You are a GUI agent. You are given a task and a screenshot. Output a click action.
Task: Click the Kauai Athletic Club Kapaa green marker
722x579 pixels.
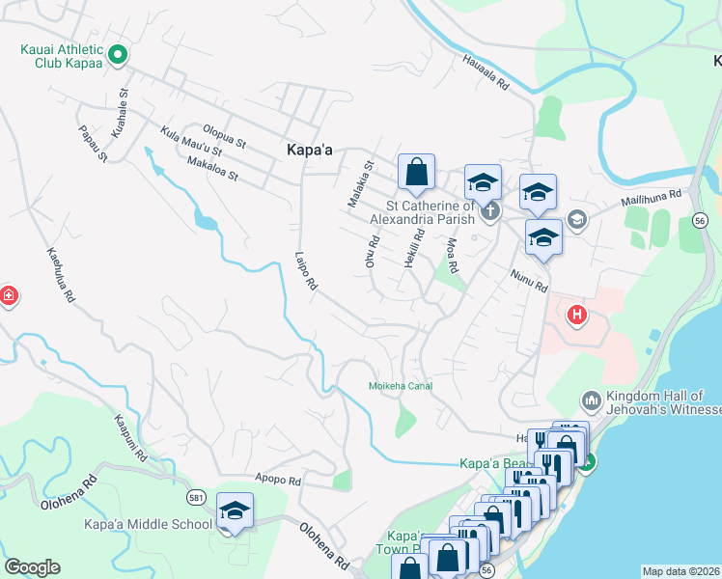tap(117, 56)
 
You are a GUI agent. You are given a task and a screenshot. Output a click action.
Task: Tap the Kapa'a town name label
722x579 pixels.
tap(310, 150)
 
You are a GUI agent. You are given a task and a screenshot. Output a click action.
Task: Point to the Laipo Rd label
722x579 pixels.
tap(306, 272)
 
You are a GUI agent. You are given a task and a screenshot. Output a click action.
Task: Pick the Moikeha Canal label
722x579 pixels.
tap(401, 386)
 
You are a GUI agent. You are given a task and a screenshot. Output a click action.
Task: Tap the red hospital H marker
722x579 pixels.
tap(577, 315)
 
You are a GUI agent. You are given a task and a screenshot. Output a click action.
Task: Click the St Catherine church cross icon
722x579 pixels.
tap(490, 211)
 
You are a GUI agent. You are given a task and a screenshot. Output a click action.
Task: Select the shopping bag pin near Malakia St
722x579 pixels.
tap(416, 173)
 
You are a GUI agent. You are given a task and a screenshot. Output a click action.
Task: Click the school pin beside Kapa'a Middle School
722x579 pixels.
tap(235, 511)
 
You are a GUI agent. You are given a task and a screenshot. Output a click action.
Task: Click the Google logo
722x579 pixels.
tap(32, 567)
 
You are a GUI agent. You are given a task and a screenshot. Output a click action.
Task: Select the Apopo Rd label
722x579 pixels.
tap(278, 480)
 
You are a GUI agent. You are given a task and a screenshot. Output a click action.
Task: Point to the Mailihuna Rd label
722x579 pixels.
tap(649, 198)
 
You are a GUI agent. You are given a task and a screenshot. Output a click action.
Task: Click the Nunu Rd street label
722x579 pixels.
tap(528, 281)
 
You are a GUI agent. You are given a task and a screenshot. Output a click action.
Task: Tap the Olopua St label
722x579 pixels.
tap(223, 135)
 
